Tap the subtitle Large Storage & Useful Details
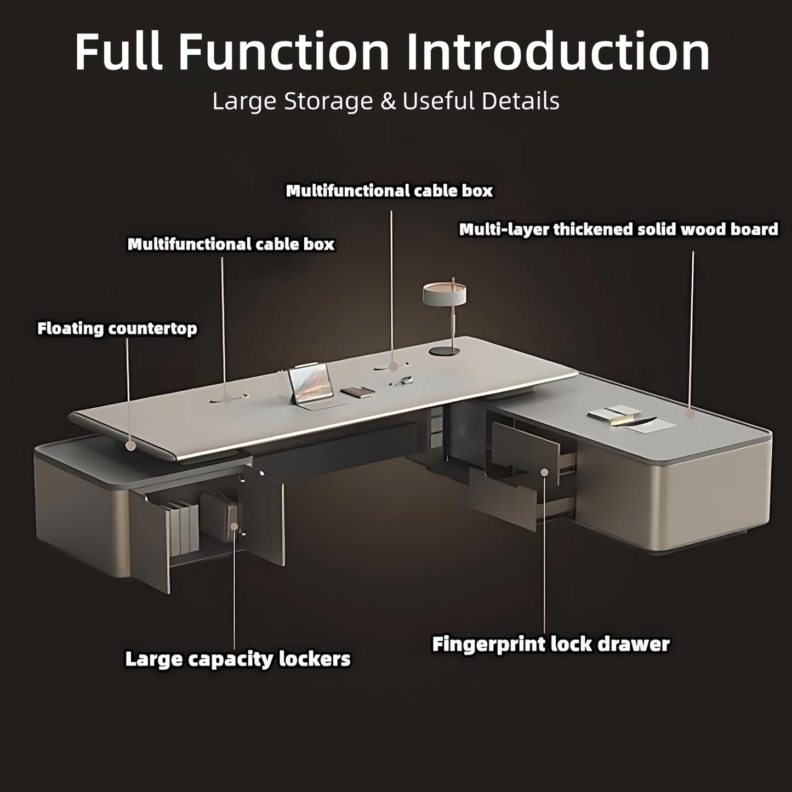click(x=386, y=101)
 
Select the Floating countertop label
click(x=117, y=329)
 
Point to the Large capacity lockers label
click(x=237, y=658)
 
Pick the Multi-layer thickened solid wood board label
click(x=618, y=229)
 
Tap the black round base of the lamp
click(x=445, y=350)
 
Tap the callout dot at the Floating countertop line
click(x=130, y=446)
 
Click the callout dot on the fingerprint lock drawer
click(x=544, y=472)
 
